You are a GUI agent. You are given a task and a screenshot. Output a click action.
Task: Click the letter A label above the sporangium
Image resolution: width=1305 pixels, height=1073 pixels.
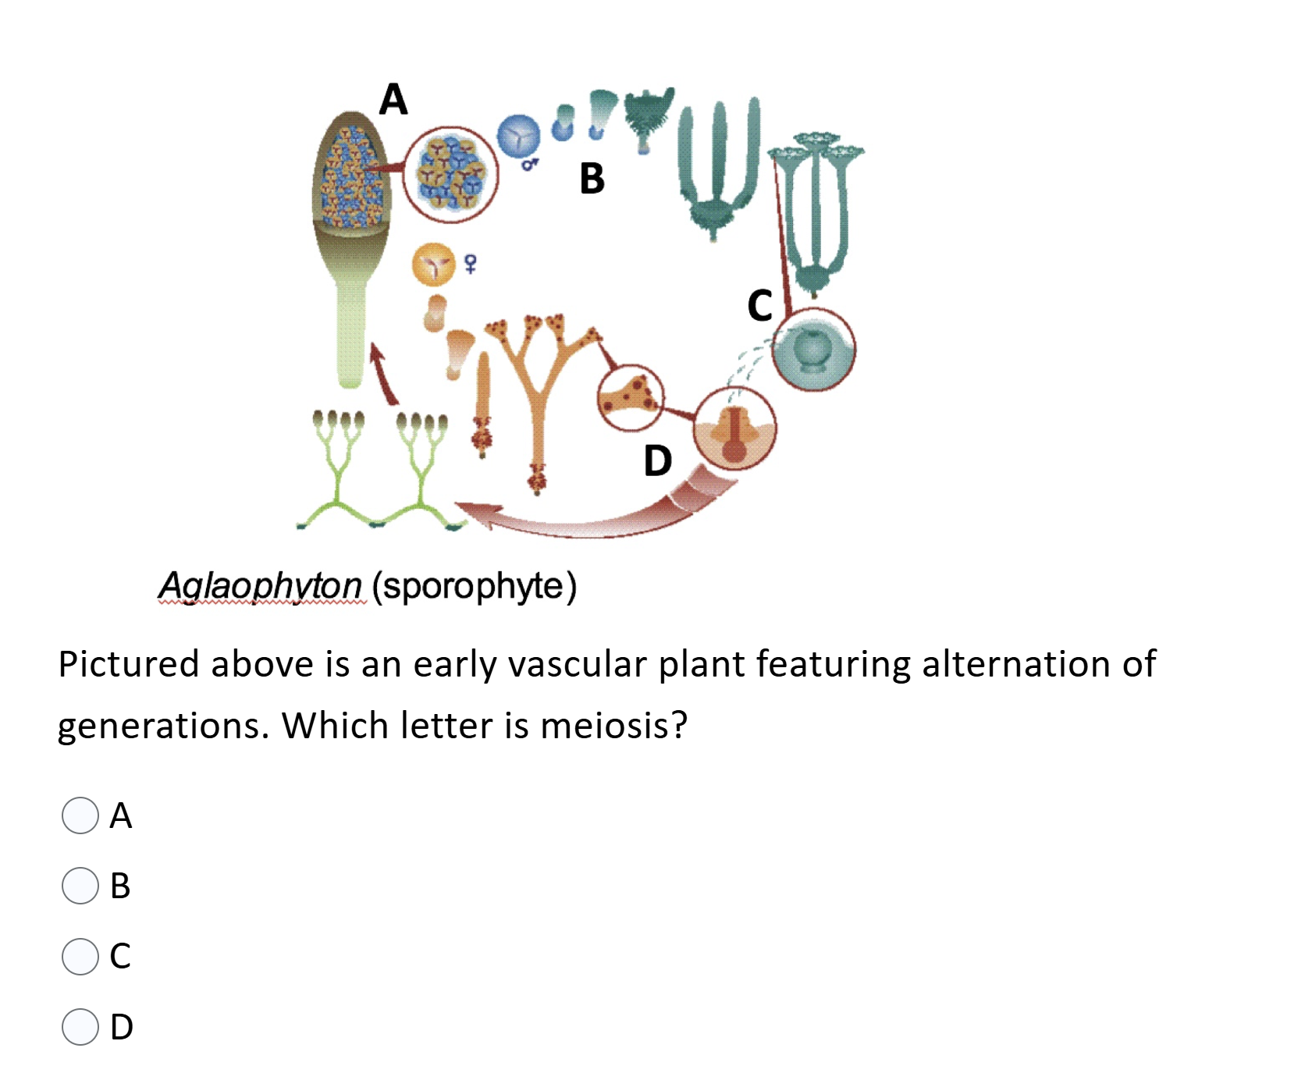[393, 100]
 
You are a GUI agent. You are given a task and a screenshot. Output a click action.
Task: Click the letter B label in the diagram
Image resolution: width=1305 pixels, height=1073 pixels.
[592, 179]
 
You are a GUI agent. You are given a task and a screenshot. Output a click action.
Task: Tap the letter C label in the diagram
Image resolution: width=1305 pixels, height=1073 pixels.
[759, 305]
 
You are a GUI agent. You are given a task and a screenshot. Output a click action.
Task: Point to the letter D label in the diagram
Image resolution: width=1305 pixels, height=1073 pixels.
[657, 460]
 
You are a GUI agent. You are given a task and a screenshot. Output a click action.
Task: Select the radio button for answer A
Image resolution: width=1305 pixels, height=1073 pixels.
[80, 815]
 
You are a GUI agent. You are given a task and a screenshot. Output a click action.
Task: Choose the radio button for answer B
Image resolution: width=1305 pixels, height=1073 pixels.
[80, 886]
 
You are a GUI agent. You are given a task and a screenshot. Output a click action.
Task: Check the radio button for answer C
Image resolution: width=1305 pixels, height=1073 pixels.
[80, 956]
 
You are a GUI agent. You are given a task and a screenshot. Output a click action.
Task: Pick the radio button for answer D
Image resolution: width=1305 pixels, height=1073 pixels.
[80, 1026]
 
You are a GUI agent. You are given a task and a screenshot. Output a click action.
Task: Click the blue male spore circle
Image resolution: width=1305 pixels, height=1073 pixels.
[518, 136]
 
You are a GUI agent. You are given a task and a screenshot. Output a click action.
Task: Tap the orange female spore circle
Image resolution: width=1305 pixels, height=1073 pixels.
[433, 265]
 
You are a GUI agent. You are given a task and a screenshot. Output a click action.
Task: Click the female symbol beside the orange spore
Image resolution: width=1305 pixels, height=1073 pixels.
[470, 264]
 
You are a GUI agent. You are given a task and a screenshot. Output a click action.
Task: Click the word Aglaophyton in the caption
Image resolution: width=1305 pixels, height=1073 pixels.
[261, 585]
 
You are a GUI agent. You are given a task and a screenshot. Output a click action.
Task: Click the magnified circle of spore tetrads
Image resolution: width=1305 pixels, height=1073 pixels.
[450, 175]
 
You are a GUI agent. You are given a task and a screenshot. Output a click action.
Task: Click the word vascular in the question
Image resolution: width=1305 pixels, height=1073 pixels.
[578, 664]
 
